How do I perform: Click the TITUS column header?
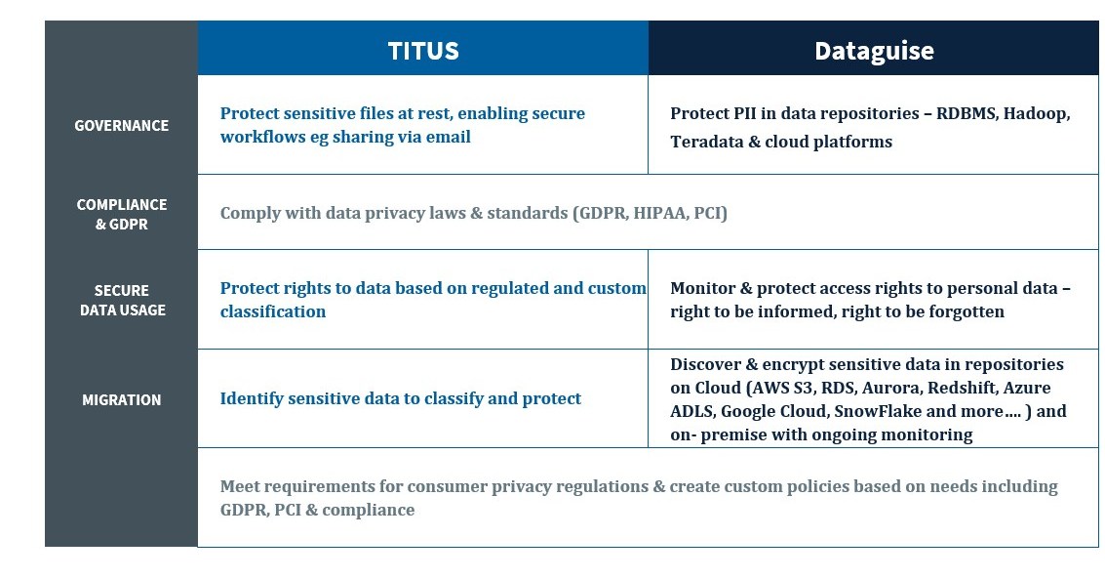pos(423,51)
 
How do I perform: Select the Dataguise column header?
pos(874,51)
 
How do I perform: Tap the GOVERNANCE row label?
pos(121,126)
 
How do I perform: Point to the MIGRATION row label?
pos(121,400)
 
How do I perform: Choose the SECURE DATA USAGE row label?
pos(122,301)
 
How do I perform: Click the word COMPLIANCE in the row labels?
pos(122,205)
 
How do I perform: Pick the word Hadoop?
pos(1036,114)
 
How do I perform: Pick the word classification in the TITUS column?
pos(273,312)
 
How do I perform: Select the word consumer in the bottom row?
pos(444,486)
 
